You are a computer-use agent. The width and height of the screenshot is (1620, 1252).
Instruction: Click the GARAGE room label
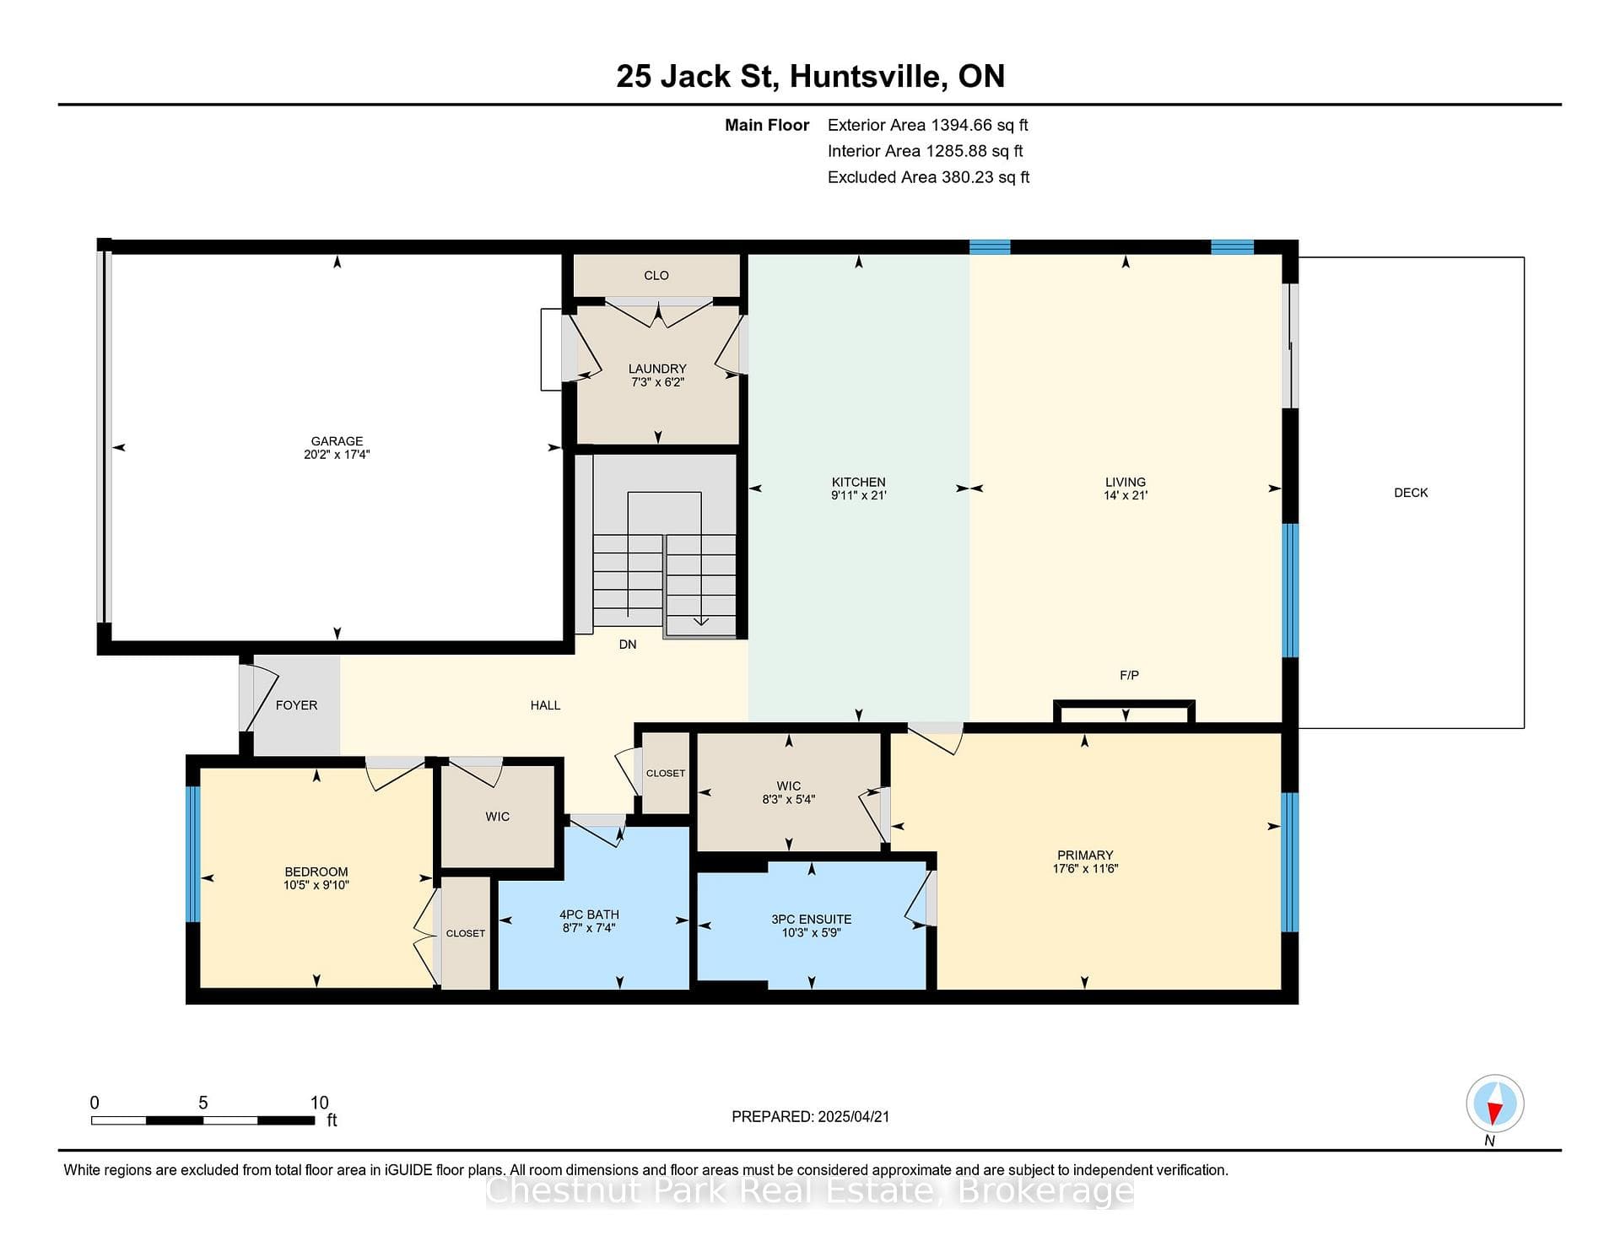(337, 441)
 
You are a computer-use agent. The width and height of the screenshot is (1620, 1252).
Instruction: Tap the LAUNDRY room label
(657, 369)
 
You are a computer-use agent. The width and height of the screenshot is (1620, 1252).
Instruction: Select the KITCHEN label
(858, 483)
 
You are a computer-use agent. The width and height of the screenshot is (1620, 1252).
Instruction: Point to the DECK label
(1411, 493)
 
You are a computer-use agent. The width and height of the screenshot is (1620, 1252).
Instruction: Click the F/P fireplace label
(1129, 675)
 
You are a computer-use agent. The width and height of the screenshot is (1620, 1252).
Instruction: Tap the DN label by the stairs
(628, 645)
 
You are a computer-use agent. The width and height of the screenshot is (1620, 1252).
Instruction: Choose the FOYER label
(296, 705)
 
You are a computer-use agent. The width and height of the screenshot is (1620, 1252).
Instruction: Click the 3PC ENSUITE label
(812, 920)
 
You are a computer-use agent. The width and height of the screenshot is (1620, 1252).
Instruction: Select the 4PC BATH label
(589, 915)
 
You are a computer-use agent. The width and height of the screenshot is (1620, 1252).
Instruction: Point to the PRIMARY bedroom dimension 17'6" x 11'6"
(1085, 868)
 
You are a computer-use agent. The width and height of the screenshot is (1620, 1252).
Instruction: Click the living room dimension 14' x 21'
(1126, 495)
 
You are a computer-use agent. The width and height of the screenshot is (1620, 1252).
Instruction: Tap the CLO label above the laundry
(656, 276)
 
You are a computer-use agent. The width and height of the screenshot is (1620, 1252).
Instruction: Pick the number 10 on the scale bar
(319, 1103)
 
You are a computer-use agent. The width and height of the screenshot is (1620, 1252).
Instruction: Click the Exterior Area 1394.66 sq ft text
(928, 125)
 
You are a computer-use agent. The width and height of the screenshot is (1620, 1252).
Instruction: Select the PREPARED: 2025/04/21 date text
(810, 1116)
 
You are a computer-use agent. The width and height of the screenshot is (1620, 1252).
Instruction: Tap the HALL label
(545, 705)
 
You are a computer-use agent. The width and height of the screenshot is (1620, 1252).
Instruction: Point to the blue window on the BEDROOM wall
(193, 854)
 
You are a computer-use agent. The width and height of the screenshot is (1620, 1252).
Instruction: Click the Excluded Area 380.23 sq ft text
(928, 177)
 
